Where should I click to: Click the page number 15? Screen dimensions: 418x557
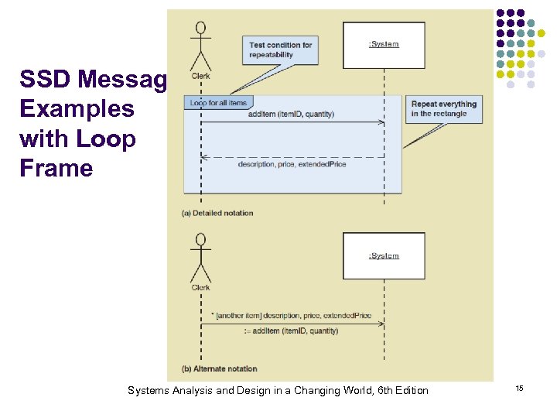pos(520,387)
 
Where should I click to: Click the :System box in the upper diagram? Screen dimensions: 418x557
pos(384,45)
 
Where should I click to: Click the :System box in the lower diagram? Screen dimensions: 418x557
pos(384,255)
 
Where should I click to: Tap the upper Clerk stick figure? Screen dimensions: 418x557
pos(201,48)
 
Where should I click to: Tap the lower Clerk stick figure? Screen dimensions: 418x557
pos(201,259)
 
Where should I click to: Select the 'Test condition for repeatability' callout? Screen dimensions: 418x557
pos(280,50)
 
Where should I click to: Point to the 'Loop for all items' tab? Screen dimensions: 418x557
pos(218,102)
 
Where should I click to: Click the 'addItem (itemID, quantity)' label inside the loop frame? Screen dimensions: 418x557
pos(291,115)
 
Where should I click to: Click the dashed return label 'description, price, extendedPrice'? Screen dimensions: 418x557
pos(292,164)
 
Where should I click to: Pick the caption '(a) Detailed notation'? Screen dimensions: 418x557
pos(217,213)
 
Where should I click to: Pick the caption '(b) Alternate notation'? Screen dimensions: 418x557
pos(219,368)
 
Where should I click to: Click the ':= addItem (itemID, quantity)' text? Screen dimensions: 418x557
pos(291,331)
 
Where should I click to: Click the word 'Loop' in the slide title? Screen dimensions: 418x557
pos(108,139)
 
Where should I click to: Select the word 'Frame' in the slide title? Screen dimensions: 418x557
pos(56,169)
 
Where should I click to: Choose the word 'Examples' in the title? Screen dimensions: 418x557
pos(77,109)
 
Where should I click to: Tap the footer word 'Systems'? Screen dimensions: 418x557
pos(148,390)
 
